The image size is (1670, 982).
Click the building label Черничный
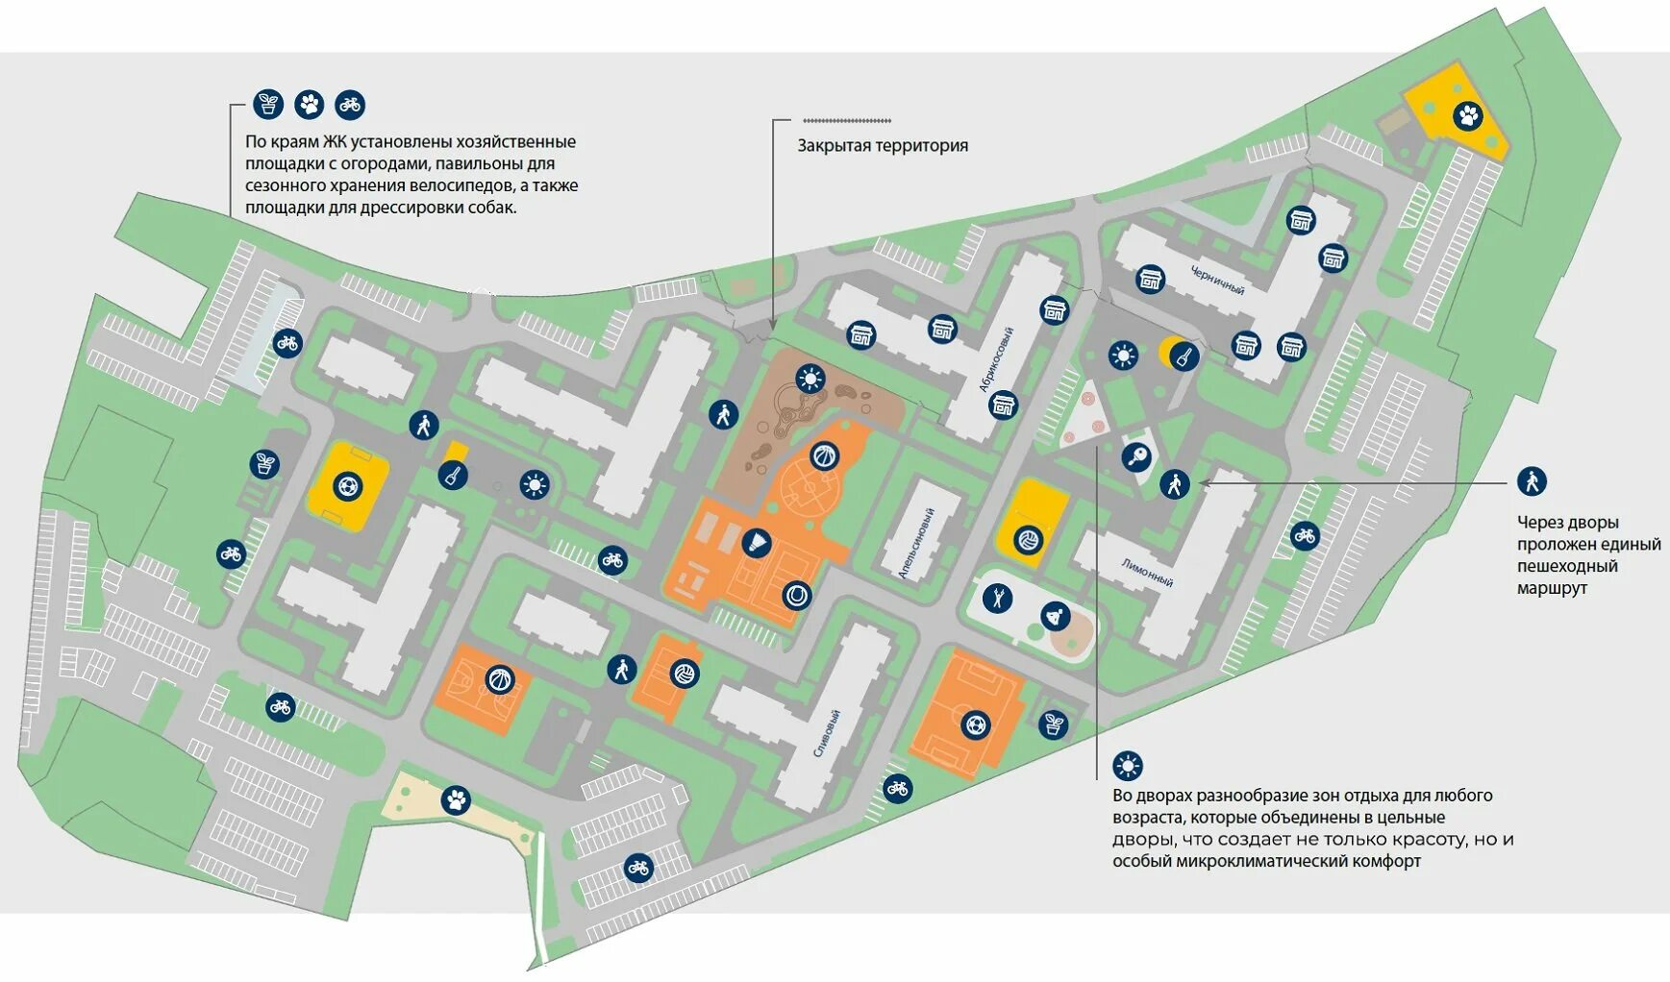[x=1217, y=280]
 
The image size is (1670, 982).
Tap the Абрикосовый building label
[x=997, y=359]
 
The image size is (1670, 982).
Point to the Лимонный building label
[x=1147, y=574]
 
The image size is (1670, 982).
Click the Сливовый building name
[x=827, y=733]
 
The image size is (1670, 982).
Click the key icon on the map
[x=1137, y=456]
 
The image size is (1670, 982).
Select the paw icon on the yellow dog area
[x=1468, y=117]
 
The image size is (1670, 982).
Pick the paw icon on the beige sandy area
[x=457, y=799]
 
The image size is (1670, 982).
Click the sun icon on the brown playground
[x=810, y=379]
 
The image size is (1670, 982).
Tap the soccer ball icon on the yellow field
[x=346, y=486]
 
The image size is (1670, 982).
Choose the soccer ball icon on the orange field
[x=975, y=724]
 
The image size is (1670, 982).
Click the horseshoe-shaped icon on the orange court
[x=796, y=596]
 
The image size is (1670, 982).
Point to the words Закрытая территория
[x=882, y=146]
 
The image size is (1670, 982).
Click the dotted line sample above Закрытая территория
[x=847, y=121]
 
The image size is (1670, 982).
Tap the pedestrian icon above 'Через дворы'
[x=1532, y=480]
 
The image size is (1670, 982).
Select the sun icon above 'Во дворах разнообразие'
[x=1127, y=766]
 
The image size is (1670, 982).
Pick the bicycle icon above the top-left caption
[x=350, y=105]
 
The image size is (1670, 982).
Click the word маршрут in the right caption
[x=1552, y=588]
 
